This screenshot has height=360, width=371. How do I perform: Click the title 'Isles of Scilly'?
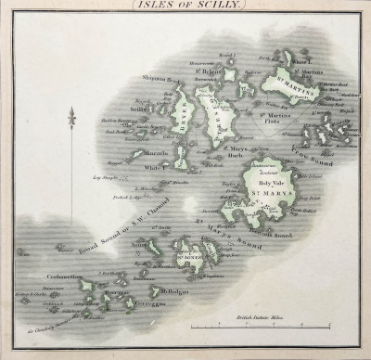[x=185, y=6]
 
